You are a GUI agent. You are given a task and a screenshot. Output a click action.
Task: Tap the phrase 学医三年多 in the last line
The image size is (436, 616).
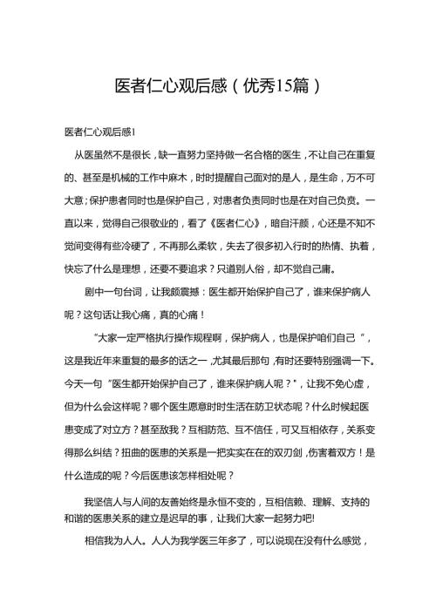[x=236, y=540]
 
